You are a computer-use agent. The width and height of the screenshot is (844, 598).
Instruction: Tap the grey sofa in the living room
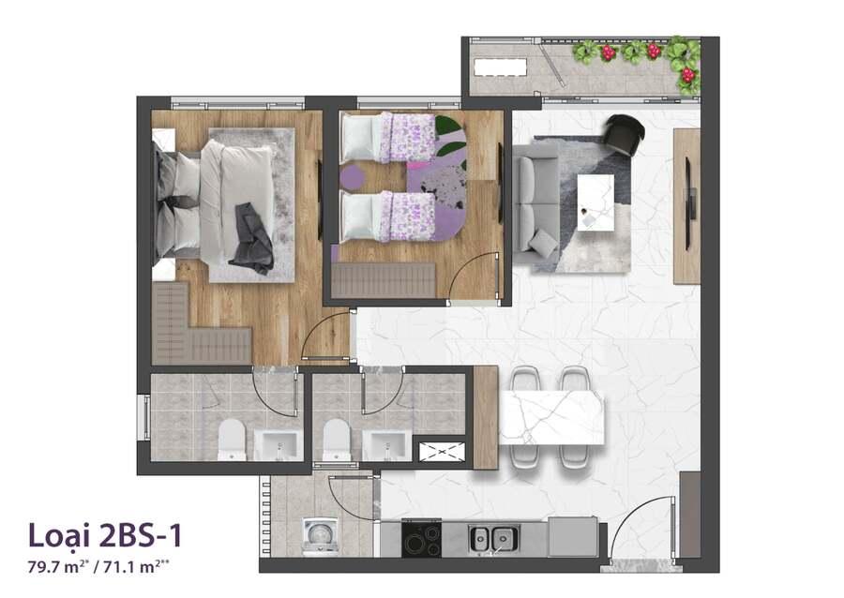point(535,203)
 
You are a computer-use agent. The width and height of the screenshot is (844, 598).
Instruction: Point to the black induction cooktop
point(421,538)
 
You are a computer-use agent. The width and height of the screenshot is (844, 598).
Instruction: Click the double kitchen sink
point(493,538)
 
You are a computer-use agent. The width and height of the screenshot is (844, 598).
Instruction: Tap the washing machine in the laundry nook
point(321,535)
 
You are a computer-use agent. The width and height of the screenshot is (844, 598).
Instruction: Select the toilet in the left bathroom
point(232,440)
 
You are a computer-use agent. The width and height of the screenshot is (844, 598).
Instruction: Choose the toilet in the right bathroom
point(337,440)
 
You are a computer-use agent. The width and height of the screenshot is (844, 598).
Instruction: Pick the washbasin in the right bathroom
point(386,445)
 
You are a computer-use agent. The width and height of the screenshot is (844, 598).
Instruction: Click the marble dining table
point(551,418)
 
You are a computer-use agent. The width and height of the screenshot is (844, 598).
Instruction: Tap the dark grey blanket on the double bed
point(252,237)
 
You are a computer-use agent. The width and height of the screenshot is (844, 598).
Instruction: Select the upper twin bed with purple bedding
point(387,137)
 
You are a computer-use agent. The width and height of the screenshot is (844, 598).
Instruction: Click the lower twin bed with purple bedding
point(387,217)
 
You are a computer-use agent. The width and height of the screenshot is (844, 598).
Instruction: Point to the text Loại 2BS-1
point(105,535)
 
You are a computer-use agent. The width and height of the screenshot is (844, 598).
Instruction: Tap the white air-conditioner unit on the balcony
point(500,67)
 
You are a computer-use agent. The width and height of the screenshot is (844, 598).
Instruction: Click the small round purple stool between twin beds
point(352,175)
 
